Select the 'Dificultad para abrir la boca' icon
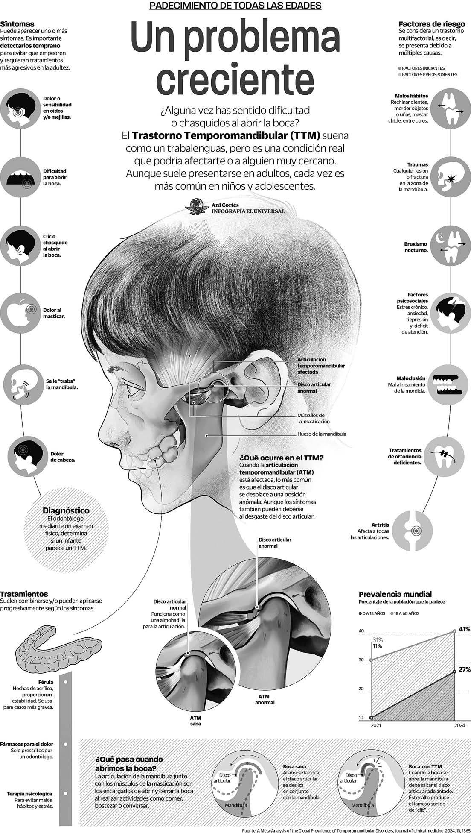(x=20, y=177)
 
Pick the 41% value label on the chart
(x=464, y=629)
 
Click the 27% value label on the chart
(x=465, y=669)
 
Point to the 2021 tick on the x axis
(x=376, y=725)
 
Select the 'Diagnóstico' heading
(x=66, y=510)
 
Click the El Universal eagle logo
(x=197, y=206)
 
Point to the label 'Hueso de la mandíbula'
(x=321, y=434)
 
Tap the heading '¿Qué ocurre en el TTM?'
(x=281, y=458)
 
